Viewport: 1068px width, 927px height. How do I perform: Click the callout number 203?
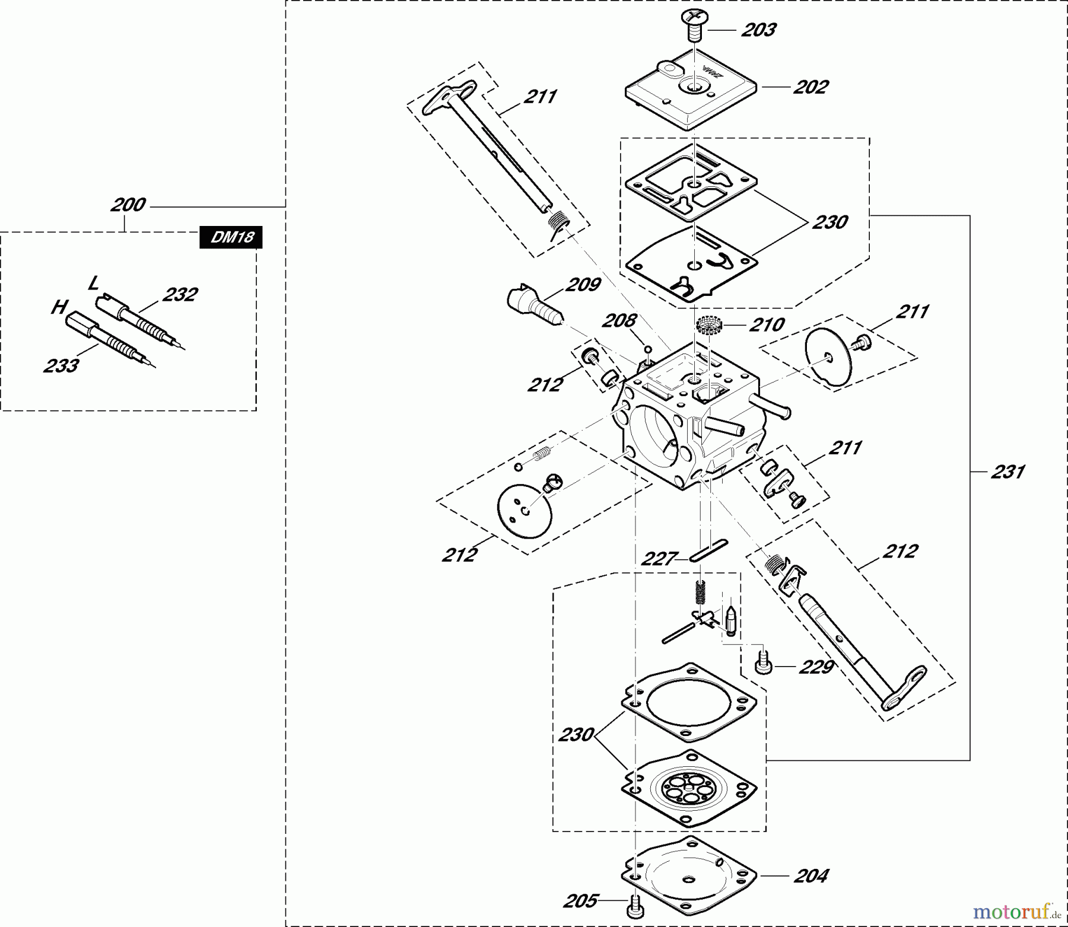(758, 30)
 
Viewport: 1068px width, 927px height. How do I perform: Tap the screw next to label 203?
(694, 24)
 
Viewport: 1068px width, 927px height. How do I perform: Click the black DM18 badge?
(231, 237)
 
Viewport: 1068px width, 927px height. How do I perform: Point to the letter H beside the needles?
(58, 307)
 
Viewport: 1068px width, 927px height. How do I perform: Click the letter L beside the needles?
(93, 283)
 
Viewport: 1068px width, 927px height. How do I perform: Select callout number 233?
(61, 365)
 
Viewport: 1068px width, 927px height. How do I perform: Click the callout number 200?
(128, 205)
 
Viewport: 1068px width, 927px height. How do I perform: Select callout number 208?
(619, 321)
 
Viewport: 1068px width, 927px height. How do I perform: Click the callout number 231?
(1007, 472)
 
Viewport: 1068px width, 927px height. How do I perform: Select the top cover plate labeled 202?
(691, 92)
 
